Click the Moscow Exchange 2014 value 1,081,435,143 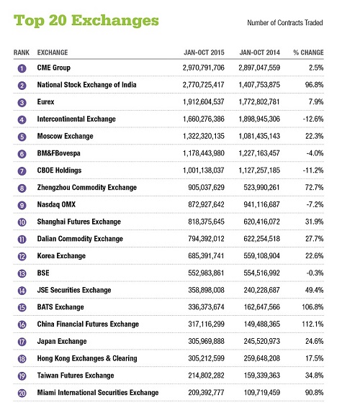tap(270, 137)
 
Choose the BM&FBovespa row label tap(66, 154)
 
